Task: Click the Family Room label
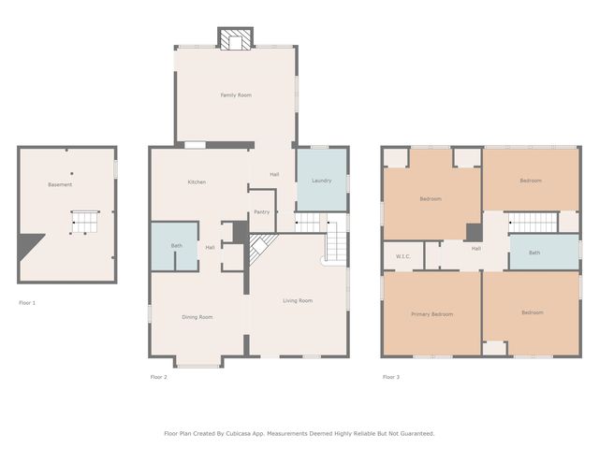[x=236, y=95]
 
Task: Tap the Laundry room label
[x=322, y=181]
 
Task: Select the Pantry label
[x=262, y=212]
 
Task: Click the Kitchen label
[x=197, y=182]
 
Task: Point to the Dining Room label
[x=197, y=317]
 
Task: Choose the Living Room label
[x=298, y=301]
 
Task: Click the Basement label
[x=60, y=185]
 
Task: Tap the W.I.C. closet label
[x=403, y=256]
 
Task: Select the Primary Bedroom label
[x=432, y=314]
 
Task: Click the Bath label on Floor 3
[x=534, y=253]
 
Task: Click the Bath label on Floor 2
[x=177, y=246]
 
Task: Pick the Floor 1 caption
[x=27, y=303]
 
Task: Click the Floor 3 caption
[x=391, y=377]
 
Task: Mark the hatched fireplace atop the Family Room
[x=235, y=38]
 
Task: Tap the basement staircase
[x=85, y=223]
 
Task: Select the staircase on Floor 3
[x=533, y=223]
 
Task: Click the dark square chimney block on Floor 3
[x=475, y=232]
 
